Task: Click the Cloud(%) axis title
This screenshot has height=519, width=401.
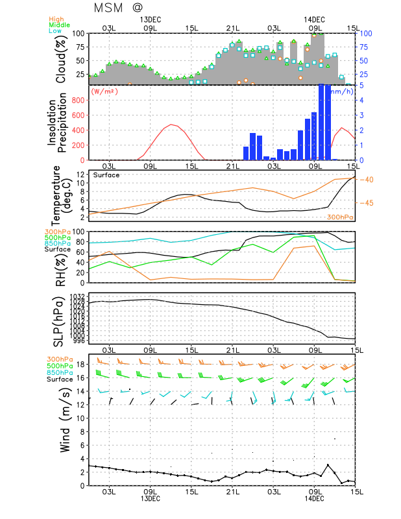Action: (62, 58)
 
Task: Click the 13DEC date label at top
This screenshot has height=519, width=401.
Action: (151, 19)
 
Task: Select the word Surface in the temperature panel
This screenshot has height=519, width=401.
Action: (106, 175)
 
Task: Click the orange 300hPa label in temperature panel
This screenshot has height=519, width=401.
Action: (340, 217)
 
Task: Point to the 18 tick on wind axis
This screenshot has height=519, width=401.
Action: (80, 364)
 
